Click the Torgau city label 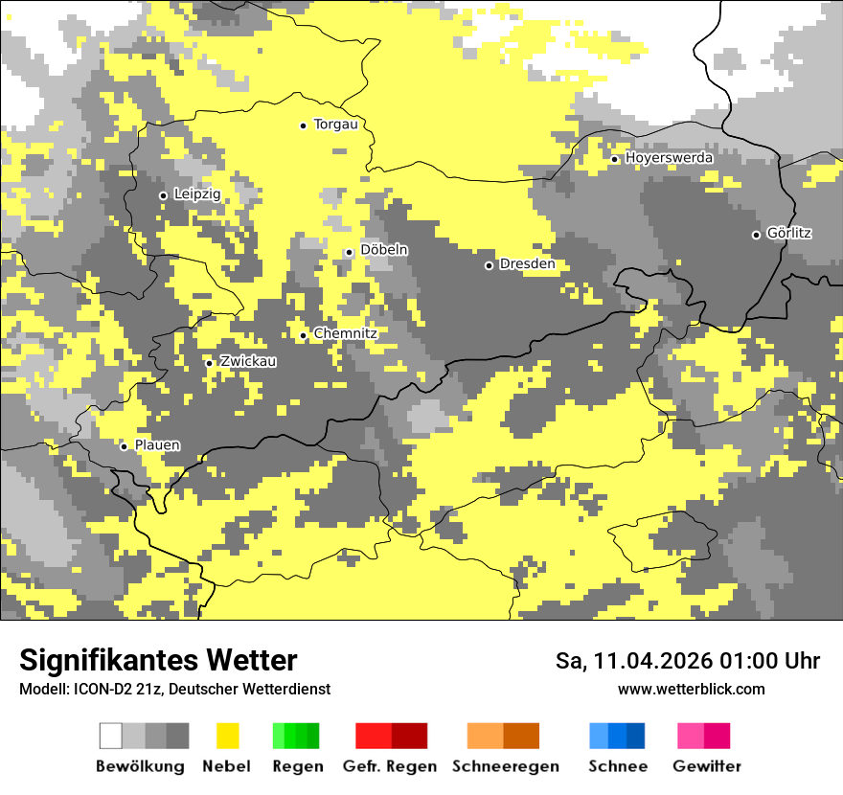pyautogui.click(x=335, y=125)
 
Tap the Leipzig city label pyautogui.click(x=197, y=194)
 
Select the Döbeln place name pyautogui.click(x=384, y=250)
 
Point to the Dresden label pyautogui.click(x=527, y=264)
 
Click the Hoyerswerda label pyautogui.click(x=669, y=157)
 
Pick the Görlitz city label pyautogui.click(x=789, y=233)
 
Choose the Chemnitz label pyautogui.click(x=345, y=333)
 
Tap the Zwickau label pyautogui.click(x=248, y=361)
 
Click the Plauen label pyautogui.click(x=157, y=445)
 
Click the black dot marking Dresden pyautogui.click(x=489, y=265)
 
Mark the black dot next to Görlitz pyautogui.click(x=756, y=235)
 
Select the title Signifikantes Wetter pyautogui.click(x=158, y=660)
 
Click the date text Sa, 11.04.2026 pyautogui.click(x=634, y=661)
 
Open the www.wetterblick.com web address pyautogui.click(x=691, y=689)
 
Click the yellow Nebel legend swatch pyautogui.click(x=227, y=736)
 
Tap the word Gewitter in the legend pyautogui.click(x=706, y=766)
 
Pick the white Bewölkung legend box pyautogui.click(x=111, y=736)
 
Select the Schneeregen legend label pyautogui.click(x=505, y=766)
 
